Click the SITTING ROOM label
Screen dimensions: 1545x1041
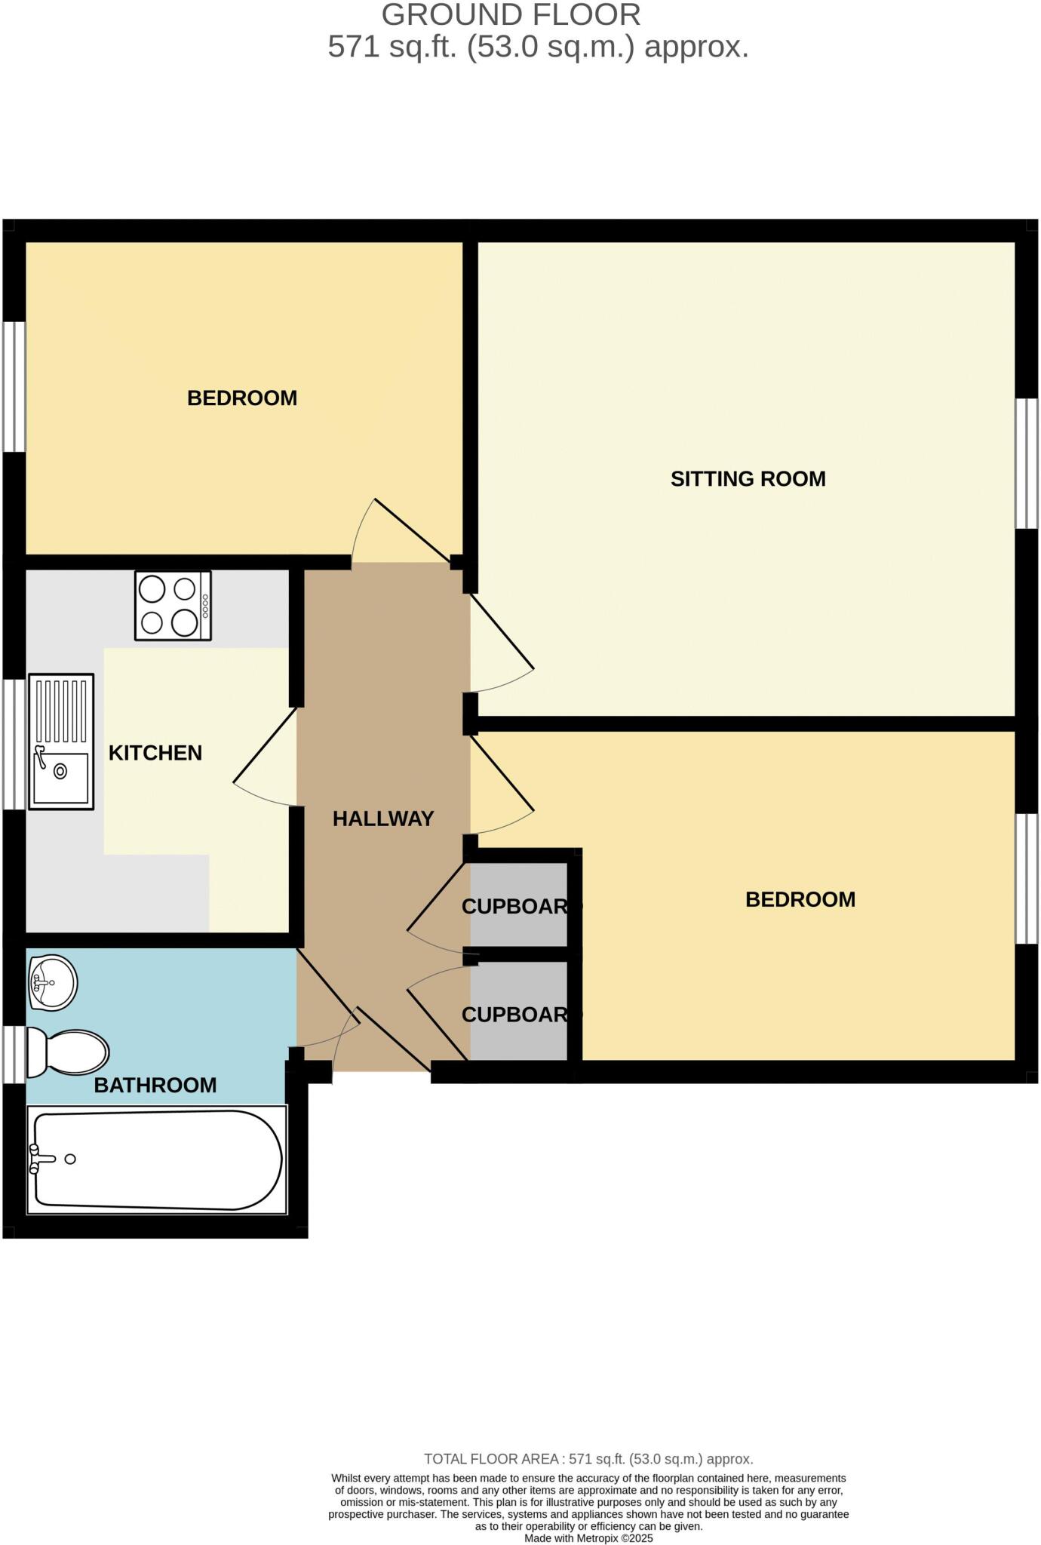(748, 478)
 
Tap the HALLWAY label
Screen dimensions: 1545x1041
(383, 819)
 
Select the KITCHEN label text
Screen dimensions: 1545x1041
(155, 753)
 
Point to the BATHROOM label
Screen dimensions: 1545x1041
(155, 1085)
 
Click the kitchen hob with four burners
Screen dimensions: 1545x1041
(173, 606)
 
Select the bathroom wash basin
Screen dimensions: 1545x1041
(52, 982)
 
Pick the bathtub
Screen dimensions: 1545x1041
(157, 1160)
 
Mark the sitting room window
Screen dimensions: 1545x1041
(1027, 463)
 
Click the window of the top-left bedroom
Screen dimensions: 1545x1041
(14, 387)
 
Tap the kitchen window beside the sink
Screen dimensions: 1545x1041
(14, 745)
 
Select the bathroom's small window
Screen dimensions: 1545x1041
(14, 1054)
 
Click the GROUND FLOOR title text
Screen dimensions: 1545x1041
(511, 15)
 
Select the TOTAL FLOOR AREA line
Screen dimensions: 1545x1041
(588, 1459)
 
